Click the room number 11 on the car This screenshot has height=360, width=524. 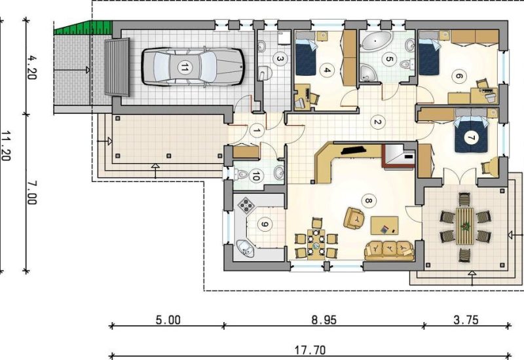tap(183, 68)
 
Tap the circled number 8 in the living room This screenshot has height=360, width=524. tap(369, 201)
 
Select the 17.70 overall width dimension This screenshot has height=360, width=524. tap(310, 350)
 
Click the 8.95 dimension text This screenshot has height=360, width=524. tap(324, 320)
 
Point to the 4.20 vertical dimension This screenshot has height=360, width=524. tap(31, 67)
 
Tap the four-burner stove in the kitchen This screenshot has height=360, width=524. tap(247, 205)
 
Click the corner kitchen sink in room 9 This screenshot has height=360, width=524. tap(246, 249)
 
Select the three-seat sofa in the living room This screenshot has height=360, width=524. tap(389, 251)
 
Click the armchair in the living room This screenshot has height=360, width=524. tap(354, 219)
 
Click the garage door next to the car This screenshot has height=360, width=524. tap(117, 67)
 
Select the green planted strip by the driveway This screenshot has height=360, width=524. tap(83, 27)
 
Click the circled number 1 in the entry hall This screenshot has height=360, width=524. tap(257, 130)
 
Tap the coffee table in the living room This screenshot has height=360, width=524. tap(384, 226)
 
